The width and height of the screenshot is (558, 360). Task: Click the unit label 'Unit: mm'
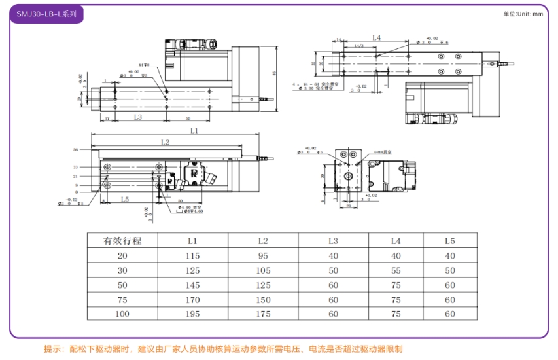523,14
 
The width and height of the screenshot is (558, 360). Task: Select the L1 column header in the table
192,241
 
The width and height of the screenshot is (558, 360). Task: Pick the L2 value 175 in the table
263,314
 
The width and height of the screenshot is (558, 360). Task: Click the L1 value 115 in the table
192,256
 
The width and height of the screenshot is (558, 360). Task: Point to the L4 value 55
395,270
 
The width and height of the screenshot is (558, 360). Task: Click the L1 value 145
192,285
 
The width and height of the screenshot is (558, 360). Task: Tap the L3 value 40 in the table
334,256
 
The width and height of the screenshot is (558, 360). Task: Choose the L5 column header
449,241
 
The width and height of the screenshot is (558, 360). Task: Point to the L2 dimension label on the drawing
165,142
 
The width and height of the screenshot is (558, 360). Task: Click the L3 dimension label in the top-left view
139,117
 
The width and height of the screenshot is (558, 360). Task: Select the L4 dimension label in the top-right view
376,38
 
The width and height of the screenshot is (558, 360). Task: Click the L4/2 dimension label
359,46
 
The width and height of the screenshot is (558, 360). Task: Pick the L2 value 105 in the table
263,270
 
